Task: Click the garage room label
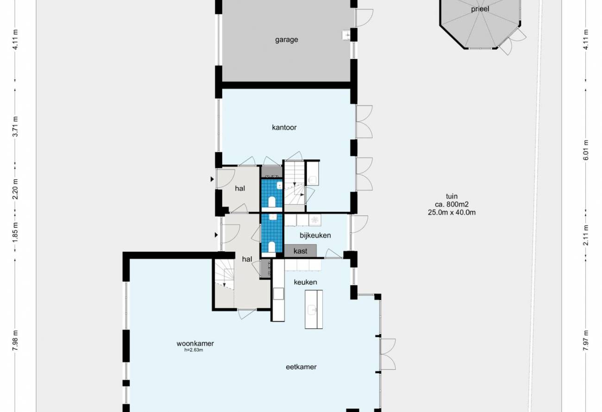coord(287,40)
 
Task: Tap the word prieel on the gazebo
coord(480,9)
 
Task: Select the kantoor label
coord(284,127)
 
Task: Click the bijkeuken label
coord(315,235)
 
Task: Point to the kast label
coord(300,251)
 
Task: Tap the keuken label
coord(305,282)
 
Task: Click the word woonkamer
coord(195,343)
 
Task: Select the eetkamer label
coord(301,367)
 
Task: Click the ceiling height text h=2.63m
coord(194,350)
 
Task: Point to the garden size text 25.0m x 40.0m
coord(452,212)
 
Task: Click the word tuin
coord(452,196)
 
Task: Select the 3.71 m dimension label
coord(16,126)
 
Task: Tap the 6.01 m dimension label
coord(586,150)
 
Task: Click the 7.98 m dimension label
coord(16,340)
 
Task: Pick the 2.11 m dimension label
coord(586,235)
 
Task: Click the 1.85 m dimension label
coord(16,232)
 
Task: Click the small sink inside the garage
coord(346,35)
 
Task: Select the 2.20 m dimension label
coord(16,189)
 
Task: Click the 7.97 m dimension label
coord(586,340)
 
